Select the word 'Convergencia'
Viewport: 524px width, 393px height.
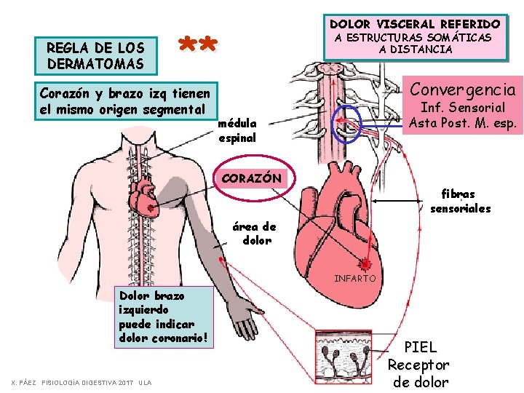tap(464, 90)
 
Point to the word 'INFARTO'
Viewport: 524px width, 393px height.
tap(355, 278)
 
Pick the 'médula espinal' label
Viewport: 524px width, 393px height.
tap(237, 131)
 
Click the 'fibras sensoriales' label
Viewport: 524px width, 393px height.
tap(460, 202)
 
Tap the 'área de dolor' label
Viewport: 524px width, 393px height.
tap(255, 233)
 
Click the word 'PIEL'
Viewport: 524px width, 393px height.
tap(421, 347)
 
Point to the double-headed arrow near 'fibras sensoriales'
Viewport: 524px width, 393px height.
tap(399, 198)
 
